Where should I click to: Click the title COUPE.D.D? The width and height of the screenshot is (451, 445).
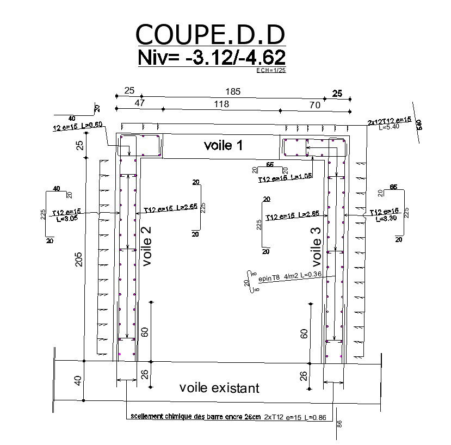pos(210,35)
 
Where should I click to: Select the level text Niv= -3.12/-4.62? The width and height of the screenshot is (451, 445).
pos(212,58)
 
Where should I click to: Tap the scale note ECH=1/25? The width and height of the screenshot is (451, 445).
pos(270,70)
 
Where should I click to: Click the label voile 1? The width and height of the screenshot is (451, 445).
pos(223,145)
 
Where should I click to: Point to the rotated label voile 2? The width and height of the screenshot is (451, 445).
pos(146,246)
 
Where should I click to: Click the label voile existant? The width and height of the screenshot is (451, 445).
pos(219,388)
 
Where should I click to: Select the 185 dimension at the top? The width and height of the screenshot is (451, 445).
pos(233,91)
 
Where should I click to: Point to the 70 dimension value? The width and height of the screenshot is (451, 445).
pos(314,106)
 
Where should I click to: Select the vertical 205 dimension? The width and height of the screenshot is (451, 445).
pos(79,259)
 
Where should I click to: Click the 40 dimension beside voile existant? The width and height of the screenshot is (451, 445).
pos(78,381)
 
